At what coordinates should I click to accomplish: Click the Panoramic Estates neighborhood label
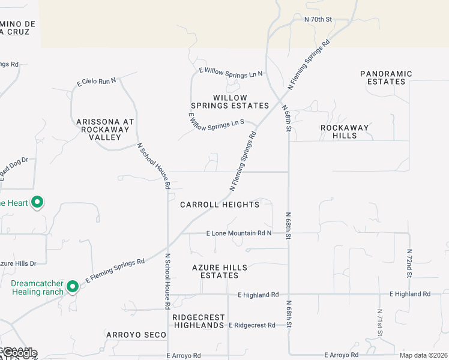386,77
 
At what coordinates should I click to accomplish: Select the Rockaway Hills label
347,131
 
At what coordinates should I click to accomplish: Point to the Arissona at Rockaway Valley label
105,129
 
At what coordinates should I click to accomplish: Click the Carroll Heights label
220,205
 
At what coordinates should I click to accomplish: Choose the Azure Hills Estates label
215,271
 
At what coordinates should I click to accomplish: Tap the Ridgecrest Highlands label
198,321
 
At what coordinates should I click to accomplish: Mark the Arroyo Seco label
135,334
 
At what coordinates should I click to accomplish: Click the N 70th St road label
318,20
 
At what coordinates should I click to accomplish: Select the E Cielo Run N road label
96,81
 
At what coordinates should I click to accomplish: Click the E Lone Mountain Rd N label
239,233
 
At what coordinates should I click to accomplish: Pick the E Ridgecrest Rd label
252,325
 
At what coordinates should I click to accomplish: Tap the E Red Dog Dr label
14,169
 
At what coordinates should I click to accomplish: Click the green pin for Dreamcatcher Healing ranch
73,287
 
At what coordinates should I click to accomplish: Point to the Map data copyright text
423,355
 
